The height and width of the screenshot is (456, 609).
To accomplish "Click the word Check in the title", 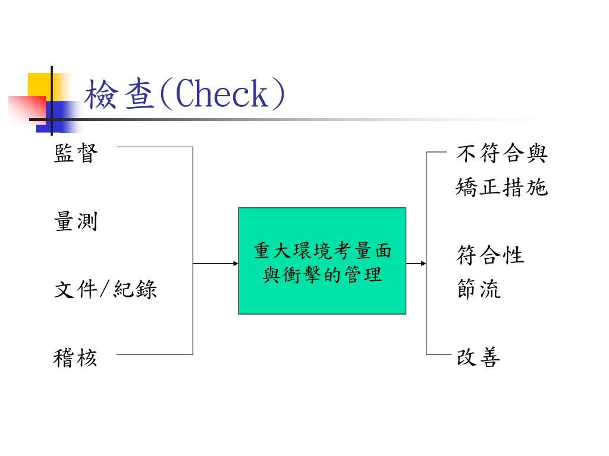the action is [x=222, y=95].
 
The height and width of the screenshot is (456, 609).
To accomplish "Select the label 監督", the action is [x=76, y=154].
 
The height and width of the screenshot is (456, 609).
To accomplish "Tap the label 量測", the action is [x=76, y=222].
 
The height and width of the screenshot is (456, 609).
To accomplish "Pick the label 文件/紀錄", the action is [x=105, y=290].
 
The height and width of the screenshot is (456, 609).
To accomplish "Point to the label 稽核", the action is [x=76, y=358].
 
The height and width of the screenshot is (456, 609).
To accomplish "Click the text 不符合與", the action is [x=501, y=154].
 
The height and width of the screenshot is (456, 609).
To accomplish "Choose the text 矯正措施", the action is [x=501, y=188].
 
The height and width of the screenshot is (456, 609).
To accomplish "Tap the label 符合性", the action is [x=490, y=256].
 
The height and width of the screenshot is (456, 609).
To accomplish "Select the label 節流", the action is [x=479, y=290].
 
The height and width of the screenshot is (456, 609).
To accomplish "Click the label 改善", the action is [x=479, y=358].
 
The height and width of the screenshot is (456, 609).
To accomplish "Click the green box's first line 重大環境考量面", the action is [x=322, y=251].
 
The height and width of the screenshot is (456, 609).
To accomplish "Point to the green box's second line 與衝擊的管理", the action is [x=322, y=274].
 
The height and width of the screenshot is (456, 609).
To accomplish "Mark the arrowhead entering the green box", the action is [x=234, y=263].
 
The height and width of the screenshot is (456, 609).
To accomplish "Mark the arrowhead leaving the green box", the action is [x=423, y=263].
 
